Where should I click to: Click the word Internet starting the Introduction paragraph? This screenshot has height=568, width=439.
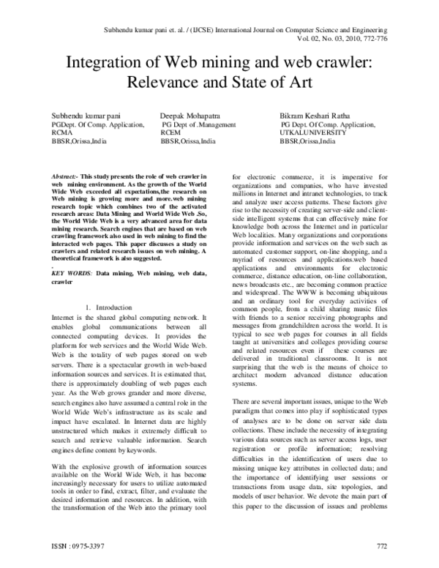(x=63, y=319)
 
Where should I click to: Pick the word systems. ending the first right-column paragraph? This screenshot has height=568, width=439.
(x=244, y=382)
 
